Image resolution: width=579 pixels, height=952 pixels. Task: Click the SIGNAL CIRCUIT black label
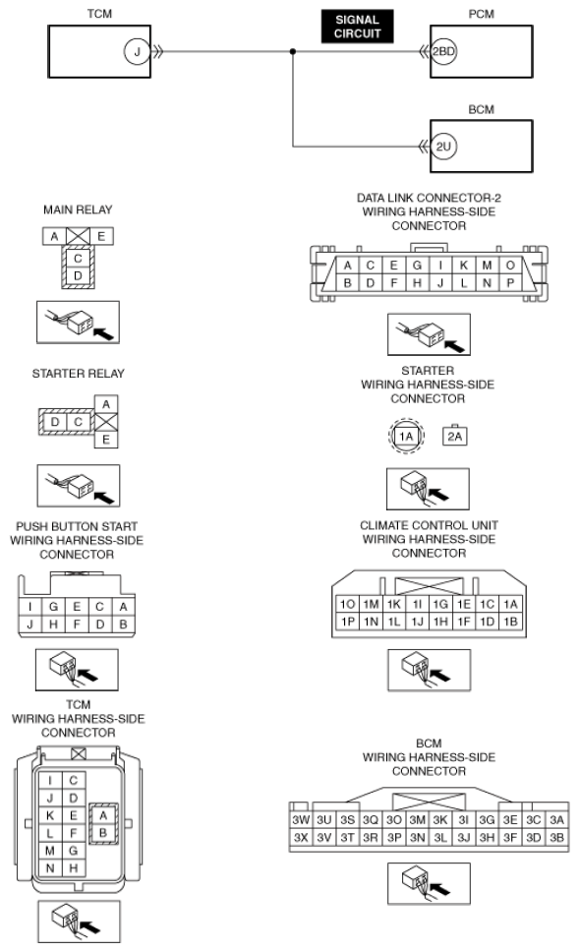[357, 27]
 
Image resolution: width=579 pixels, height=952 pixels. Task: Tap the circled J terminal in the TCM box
[137, 51]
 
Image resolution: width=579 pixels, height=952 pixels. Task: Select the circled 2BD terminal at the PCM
[443, 51]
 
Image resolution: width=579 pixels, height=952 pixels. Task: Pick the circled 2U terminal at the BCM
[443, 147]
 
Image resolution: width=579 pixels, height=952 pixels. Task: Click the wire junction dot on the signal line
[293, 51]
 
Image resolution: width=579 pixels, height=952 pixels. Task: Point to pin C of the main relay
[78, 259]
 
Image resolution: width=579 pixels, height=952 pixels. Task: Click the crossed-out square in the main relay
[78, 236]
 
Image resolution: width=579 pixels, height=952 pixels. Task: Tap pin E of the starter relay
[106, 440]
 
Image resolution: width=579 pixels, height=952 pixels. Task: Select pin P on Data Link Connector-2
[510, 283]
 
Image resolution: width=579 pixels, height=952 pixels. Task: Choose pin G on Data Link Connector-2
[417, 266]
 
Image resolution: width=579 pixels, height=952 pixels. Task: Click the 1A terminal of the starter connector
[406, 436]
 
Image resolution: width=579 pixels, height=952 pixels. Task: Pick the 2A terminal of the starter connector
[454, 436]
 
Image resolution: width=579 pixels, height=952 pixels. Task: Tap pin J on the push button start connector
[30, 625]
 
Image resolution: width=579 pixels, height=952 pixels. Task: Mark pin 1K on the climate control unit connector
[394, 604]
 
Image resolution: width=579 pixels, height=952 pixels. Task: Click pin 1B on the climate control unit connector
[510, 622]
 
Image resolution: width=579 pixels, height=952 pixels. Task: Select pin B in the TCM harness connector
[102, 833]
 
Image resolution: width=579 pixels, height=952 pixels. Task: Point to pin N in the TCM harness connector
[50, 868]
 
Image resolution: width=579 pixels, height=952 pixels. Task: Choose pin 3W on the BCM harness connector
[301, 819]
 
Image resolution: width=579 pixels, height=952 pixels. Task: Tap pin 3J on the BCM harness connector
[464, 837]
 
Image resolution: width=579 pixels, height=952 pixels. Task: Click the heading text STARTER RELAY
[79, 374]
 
